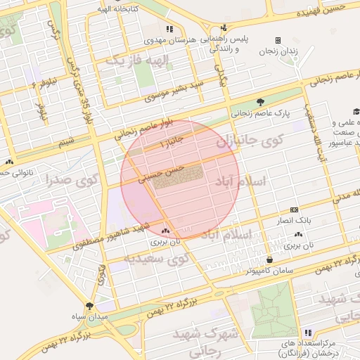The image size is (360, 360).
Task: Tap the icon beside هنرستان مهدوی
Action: pos(169,29)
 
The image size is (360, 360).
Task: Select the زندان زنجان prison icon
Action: pos(278,40)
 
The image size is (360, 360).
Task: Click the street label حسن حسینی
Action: pos(162,174)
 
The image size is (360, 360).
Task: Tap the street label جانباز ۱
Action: pos(170,143)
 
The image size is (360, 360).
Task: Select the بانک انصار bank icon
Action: pos(293,210)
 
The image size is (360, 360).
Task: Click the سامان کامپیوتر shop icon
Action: pos(269,259)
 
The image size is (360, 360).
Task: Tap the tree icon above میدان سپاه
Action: pos(89,305)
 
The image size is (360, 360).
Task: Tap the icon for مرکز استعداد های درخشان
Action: pos(307,332)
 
